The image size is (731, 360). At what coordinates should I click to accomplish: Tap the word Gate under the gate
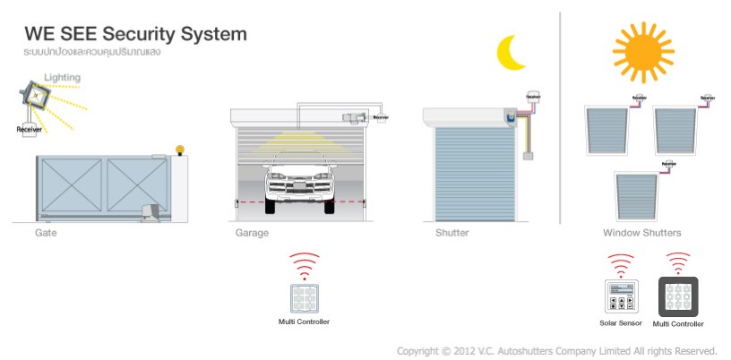47,233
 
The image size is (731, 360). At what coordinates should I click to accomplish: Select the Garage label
252,233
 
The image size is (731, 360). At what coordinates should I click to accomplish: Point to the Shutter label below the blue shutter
451,233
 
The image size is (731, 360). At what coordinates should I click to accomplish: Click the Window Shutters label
641,233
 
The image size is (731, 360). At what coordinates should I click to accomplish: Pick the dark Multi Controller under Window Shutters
678,296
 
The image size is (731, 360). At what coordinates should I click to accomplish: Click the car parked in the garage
299,179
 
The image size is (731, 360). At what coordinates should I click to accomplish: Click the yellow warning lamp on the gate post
179,150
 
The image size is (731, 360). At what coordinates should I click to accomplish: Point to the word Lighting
62,78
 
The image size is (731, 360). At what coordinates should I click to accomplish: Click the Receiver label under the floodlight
30,130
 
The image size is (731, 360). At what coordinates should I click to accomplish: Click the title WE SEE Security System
135,35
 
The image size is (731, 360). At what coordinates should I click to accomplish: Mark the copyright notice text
556,350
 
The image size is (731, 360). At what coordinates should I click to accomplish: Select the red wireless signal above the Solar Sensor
621,265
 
